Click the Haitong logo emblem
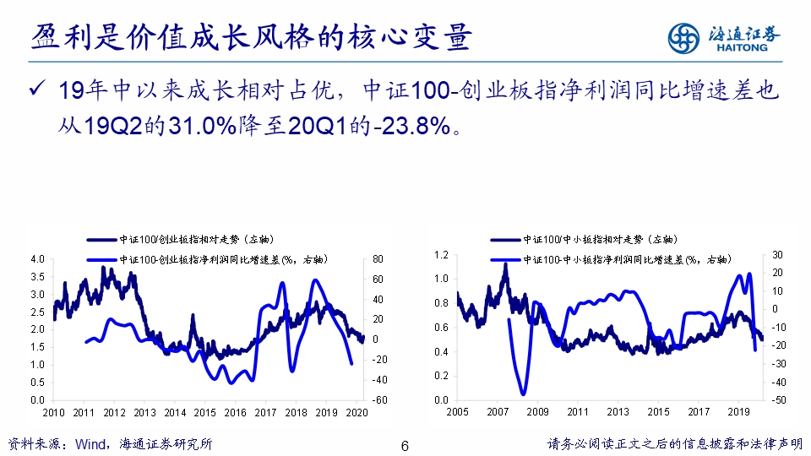click(x=683, y=37)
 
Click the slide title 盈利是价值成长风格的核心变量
click(x=251, y=38)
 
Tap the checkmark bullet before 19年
click(x=35, y=91)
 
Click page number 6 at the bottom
click(x=405, y=445)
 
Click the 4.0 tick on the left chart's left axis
click(x=37, y=258)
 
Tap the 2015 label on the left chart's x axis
click(x=205, y=412)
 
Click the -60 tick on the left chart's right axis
click(x=380, y=399)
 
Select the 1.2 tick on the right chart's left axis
click(x=440, y=254)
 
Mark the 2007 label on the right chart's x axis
click(x=498, y=412)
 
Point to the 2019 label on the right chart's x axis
click(x=739, y=412)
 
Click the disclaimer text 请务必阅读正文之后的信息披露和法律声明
click(x=674, y=444)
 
